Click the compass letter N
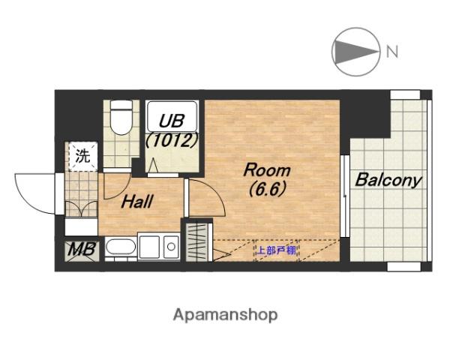[392, 52]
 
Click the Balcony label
[388, 180]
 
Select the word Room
[267, 170]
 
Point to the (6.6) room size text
[268, 190]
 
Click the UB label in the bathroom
[172, 121]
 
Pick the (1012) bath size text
[172, 140]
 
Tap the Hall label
[137, 202]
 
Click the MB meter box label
[82, 250]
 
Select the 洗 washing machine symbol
[82, 156]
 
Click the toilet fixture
[121, 118]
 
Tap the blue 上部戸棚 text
[276, 250]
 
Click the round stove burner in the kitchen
[171, 247]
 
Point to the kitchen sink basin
[149, 247]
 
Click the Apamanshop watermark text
[226, 315]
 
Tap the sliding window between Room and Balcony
[345, 196]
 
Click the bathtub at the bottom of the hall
[121, 247]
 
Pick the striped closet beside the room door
[196, 242]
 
